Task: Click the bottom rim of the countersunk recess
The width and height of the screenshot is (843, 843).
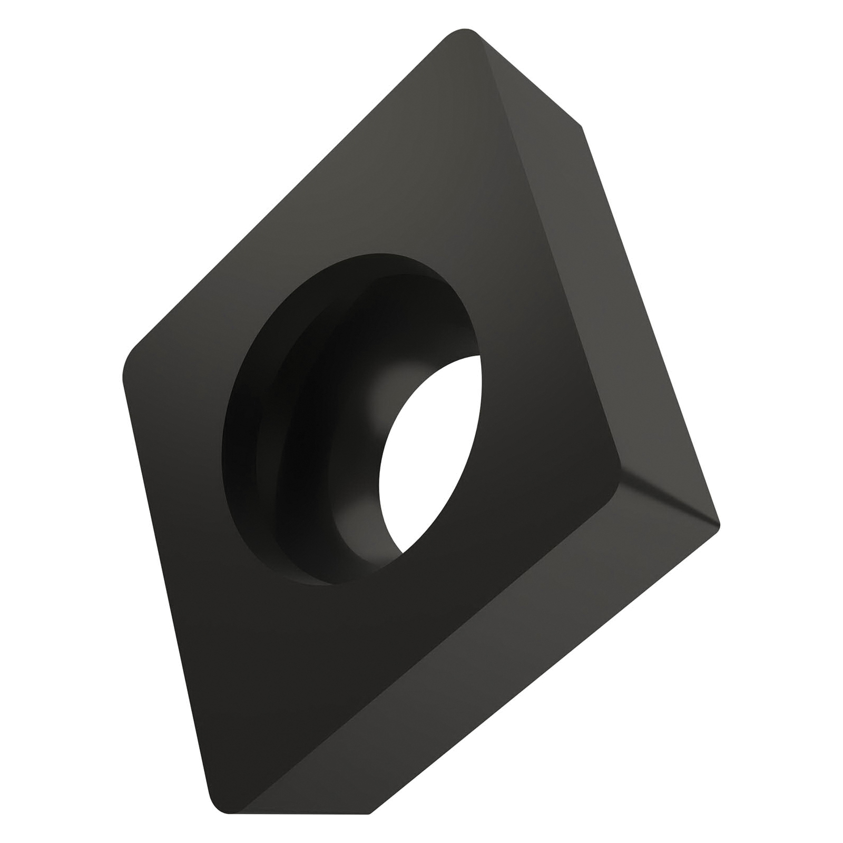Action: coord(316,580)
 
